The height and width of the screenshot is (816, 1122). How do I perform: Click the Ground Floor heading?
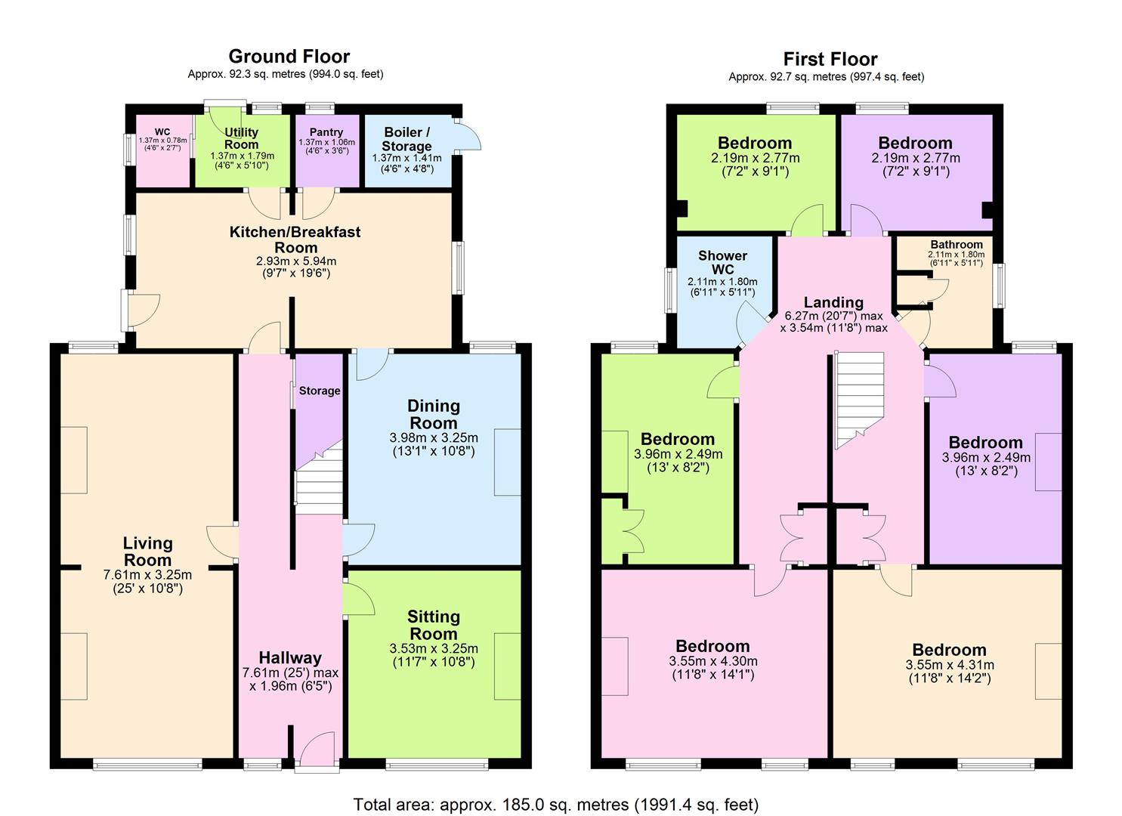click(289, 57)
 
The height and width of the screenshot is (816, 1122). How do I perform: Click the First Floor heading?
click(830, 59)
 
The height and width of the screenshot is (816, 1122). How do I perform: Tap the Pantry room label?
click(326, 132)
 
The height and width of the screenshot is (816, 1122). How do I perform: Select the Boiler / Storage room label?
click(406, 139)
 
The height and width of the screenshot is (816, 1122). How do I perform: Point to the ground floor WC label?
click(162, 131)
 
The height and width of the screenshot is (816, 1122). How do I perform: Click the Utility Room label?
click(241, 138)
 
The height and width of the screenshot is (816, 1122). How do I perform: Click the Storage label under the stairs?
click(319, 391)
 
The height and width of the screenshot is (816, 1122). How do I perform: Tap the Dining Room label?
click(433, 414)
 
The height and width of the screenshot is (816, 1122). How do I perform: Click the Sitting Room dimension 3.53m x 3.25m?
click(433, 648)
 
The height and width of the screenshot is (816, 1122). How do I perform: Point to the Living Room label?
click(147, 552)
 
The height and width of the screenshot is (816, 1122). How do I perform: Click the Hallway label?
click(290, 657)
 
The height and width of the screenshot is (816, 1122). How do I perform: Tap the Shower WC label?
click(722, 262)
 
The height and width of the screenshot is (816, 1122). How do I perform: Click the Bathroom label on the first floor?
click(956, 245)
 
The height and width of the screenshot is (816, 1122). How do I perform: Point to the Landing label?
click(833, 302)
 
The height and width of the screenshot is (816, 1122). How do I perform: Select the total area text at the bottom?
click(555, 804)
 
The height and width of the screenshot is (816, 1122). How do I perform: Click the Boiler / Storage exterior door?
click(470, 136)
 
